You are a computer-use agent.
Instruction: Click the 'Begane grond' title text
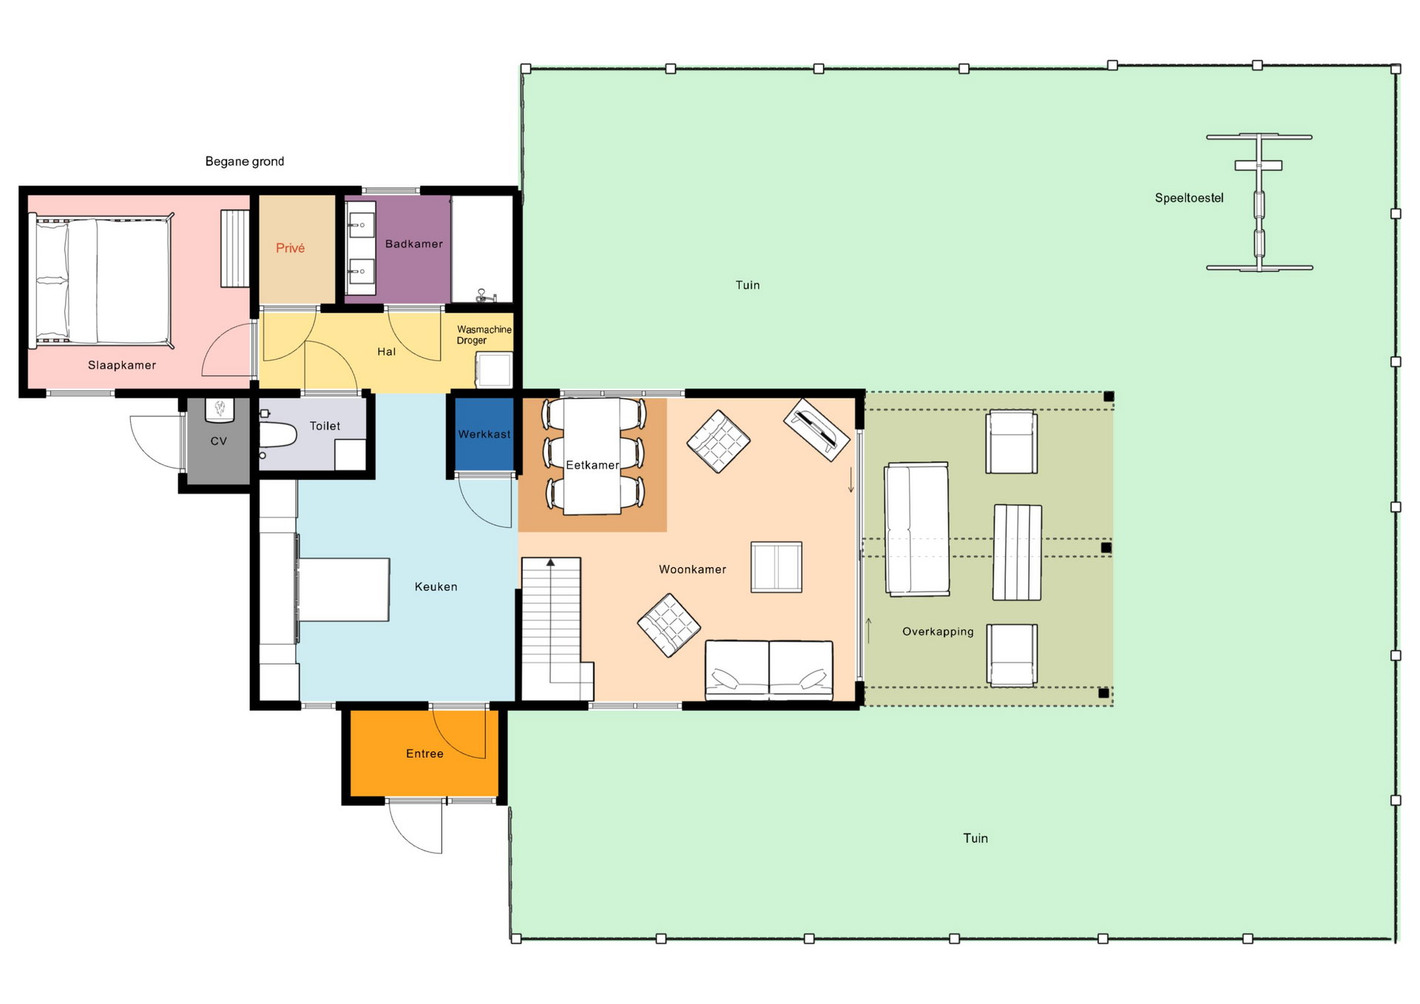(244, 161)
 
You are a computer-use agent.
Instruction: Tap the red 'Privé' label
(290, 248)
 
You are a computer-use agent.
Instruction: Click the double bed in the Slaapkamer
(101, 281)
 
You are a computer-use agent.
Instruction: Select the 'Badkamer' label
(413, 244)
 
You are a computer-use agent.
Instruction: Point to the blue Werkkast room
(484, 434)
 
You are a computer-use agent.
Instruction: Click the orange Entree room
(424, 753)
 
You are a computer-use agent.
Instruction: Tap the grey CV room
(218, 441)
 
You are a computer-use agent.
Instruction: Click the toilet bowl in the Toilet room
(277, 435)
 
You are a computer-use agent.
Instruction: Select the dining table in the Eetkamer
(592, 456)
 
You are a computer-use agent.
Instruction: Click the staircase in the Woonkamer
(556, 629)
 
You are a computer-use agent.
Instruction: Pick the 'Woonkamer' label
(692, 569)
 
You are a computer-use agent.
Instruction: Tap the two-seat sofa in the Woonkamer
(769, 670)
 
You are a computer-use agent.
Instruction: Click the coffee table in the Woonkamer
(777, 567)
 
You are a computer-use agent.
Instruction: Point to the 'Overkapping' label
(938, 631)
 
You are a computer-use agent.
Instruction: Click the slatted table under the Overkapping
(1017, 552)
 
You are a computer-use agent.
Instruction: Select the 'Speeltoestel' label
(1189, 198)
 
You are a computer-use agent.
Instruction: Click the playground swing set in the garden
(1259, 202)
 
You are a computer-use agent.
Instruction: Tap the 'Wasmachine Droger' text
(484, 335)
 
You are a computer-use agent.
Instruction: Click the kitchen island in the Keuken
(344, 590)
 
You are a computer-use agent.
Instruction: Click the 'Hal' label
(386, 352)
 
